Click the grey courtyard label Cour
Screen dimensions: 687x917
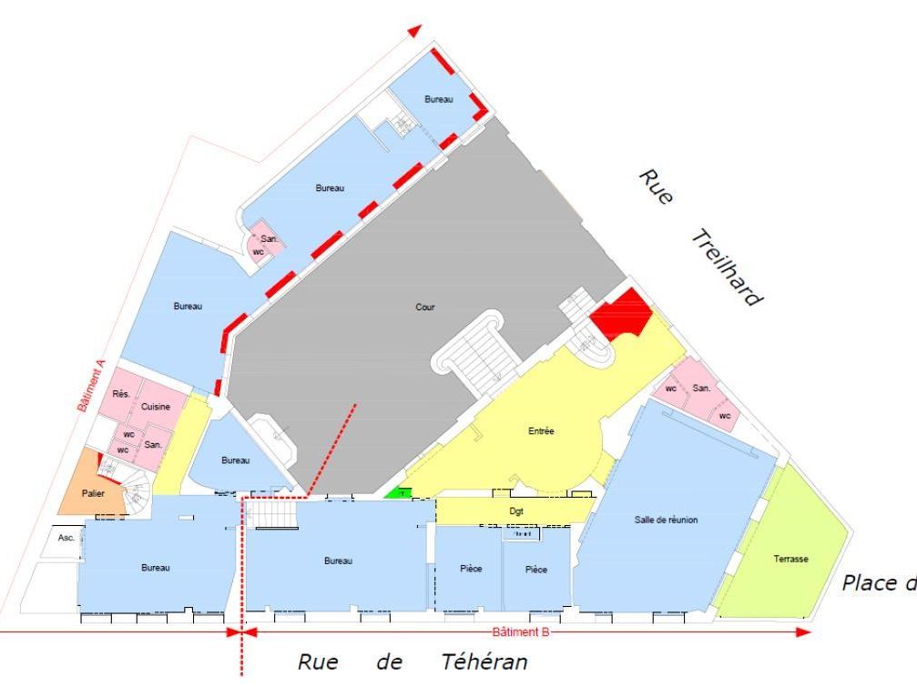(424, 308)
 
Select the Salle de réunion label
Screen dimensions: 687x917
(666, 520)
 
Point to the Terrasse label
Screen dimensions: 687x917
(790, 560)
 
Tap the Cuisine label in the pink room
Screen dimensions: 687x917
(156, 407)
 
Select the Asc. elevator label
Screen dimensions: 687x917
(66, 537)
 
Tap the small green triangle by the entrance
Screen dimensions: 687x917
(397, 493)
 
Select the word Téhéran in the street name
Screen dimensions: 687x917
(483, 662)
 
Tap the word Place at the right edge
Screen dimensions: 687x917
(871, 582)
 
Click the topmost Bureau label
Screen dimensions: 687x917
(438, 99)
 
